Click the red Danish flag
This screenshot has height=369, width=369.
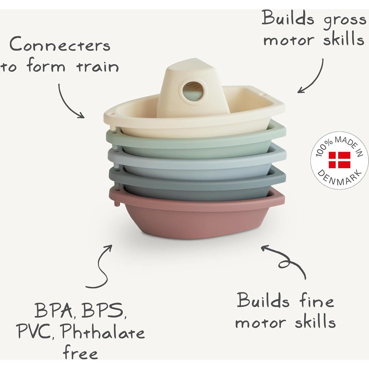tap(339, 160)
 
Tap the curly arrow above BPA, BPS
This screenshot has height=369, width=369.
tap(102, 268)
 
